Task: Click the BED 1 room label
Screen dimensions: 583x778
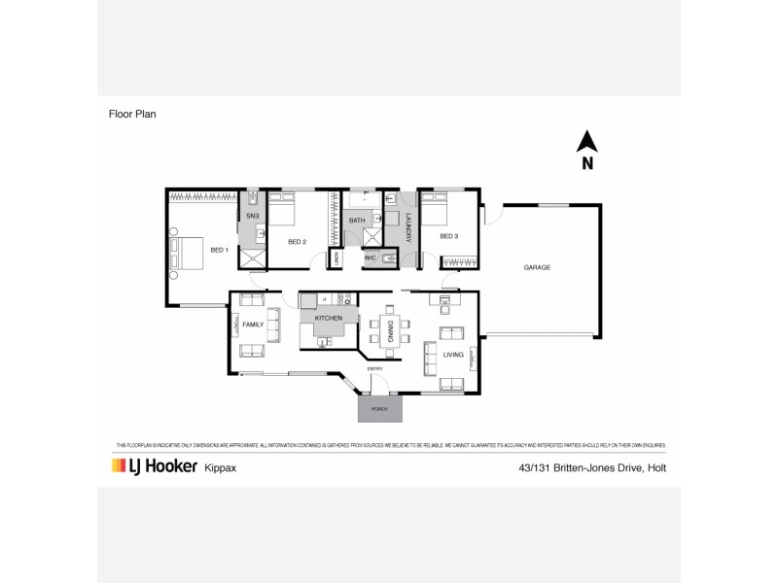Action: coord(219,250)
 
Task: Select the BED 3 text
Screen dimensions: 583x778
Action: coord(448,236)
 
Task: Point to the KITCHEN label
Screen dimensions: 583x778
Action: coord(329,318)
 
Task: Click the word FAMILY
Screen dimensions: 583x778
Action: coord(254,324)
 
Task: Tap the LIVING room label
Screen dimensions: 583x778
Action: coord(453,355)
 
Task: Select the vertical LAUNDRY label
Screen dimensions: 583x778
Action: coord(408,226)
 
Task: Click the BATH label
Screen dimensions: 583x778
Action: coord(357,222)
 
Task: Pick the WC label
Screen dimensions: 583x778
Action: coord(371,258)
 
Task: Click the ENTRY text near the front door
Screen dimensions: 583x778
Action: coord(374,369)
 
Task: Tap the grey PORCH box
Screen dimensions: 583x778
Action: coord(379,409)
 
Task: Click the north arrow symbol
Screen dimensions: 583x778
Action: coord(587,144)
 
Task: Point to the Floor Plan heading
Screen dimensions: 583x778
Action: coord(132,113)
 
